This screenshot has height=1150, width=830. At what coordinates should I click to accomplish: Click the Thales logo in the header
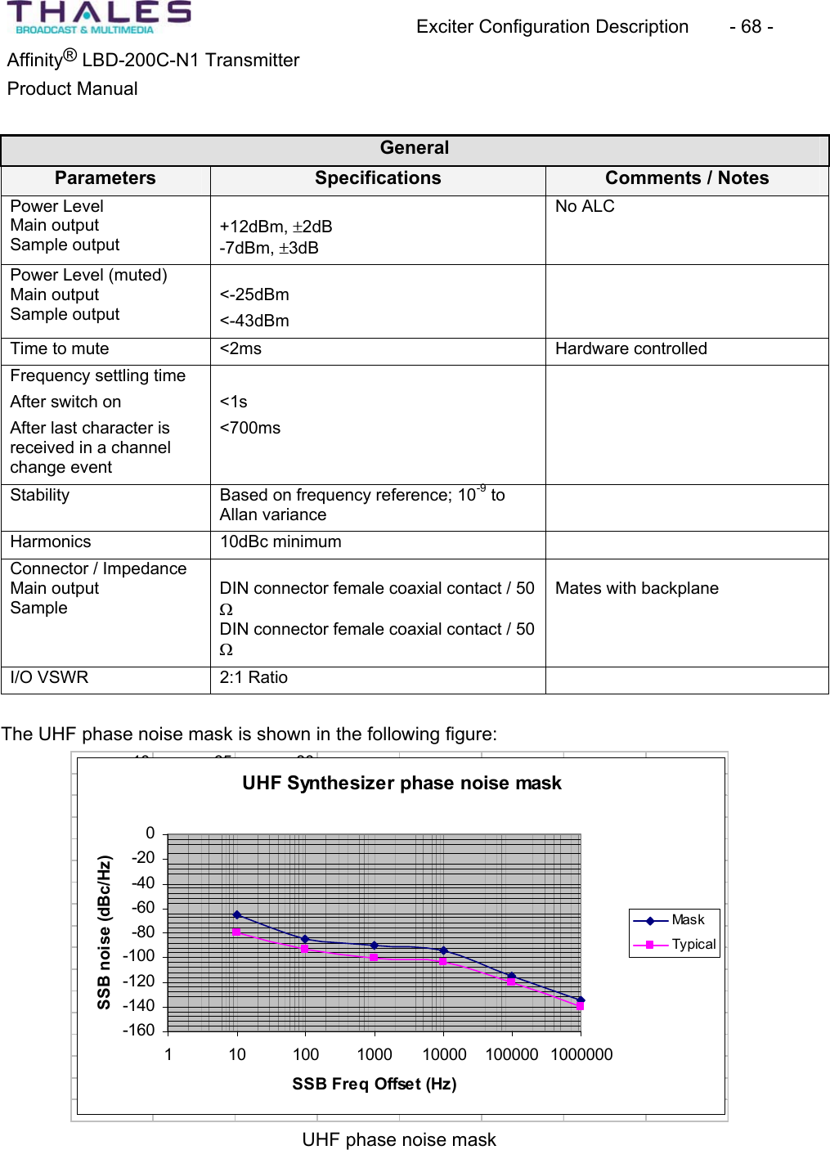point(99,18)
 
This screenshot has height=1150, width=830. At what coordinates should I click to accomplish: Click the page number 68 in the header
point(751,27)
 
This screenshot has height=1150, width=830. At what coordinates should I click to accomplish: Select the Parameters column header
point(105,178)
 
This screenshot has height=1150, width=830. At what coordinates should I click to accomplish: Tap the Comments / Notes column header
point(686,178)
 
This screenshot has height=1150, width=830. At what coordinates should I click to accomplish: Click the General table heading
point(415,148)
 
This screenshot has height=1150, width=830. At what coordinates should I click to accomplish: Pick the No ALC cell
point(585,207)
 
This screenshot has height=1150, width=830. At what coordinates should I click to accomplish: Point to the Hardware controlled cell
point(630,349)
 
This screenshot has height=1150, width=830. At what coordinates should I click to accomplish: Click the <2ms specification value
point(240,349)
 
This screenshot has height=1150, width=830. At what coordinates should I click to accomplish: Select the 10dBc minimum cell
point(280,542)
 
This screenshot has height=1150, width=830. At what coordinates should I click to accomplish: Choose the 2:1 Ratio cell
point(253,678)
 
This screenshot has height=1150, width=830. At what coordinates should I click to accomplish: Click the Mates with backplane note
point(636,589)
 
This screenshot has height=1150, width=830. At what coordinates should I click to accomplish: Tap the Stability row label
point(40,496)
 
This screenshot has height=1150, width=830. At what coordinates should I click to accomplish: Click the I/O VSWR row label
point(49,678)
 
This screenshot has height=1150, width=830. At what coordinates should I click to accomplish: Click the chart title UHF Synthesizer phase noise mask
point(402,784)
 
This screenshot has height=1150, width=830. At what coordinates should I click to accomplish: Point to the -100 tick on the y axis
point(139,956)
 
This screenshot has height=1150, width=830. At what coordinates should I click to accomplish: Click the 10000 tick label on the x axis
point(444,1055)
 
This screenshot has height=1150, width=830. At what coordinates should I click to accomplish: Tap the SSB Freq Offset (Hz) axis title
point(375,1085)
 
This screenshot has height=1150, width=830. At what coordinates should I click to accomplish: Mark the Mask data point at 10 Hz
point(237,915)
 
